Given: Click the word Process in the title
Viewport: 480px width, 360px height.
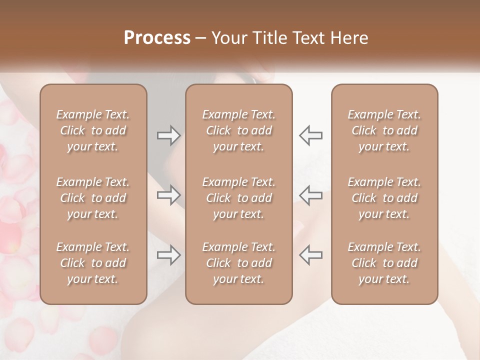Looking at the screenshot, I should coord(157,38).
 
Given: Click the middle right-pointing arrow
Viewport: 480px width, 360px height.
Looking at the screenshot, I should coord(168,195).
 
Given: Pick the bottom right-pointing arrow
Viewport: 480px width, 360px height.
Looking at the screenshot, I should coord(168,255).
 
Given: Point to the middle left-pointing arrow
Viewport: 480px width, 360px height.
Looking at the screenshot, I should coord(310,195).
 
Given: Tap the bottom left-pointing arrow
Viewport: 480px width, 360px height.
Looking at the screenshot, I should coord(310,255).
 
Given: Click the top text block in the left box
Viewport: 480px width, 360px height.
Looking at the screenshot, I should coord(93,130).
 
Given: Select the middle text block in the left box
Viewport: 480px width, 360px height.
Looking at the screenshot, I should coord(93,198).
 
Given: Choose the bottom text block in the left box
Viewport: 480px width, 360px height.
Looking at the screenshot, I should coord(93,263).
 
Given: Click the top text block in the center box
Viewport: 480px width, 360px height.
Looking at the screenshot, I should coord(238,130).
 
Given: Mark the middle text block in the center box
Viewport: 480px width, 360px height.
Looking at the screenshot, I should coord(238,198).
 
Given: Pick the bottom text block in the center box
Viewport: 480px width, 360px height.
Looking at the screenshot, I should coord(238,263).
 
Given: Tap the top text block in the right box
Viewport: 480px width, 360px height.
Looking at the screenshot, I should coord(384,130).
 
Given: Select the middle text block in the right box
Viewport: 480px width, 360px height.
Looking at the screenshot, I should coord(384,198).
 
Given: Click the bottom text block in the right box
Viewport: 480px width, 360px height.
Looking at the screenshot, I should coord(384,263).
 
